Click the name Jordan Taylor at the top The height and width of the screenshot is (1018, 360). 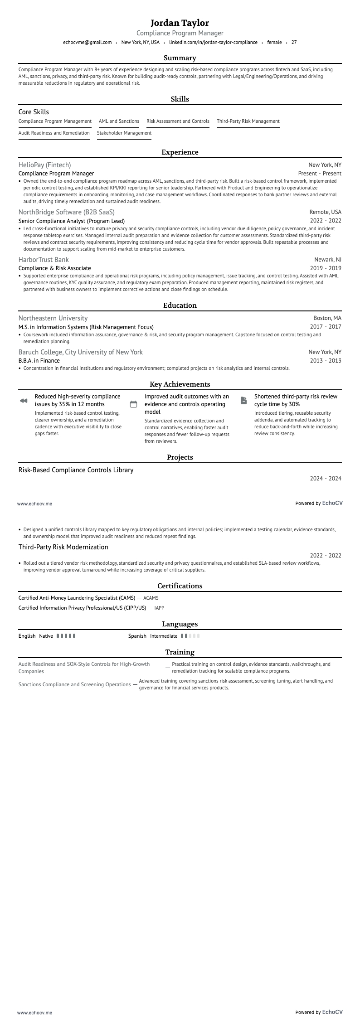tap(180, 23)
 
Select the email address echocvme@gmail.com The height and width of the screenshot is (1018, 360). tap(87, 42)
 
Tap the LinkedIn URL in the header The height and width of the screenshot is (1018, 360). tap(213, 42)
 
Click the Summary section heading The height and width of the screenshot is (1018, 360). tap(180, 58)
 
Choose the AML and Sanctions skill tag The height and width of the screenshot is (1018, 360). tap(119, 121)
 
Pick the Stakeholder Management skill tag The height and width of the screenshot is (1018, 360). tap(124, 133)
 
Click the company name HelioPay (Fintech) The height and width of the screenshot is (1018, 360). tap(44, 165)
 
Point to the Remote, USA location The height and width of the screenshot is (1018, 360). tap(325, 212)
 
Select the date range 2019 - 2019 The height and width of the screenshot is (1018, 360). tap(325, 268)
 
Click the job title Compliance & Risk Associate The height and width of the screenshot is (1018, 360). tap(54, 268)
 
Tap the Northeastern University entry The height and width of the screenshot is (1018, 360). tap(53, 318)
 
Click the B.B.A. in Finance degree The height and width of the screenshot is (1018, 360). tap(39, 361)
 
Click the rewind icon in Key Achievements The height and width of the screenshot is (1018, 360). tap(24, 401)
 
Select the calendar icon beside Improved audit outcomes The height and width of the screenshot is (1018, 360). tap(133, 404)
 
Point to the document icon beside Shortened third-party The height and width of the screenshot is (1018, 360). tap(243, 400)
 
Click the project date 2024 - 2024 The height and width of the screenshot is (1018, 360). tap(325, 478)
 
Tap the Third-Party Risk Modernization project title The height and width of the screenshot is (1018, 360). tap(63, 547)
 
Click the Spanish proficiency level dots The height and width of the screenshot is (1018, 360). tap(190, 636)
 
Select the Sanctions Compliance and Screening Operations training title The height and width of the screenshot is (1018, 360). tap(74, 684)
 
